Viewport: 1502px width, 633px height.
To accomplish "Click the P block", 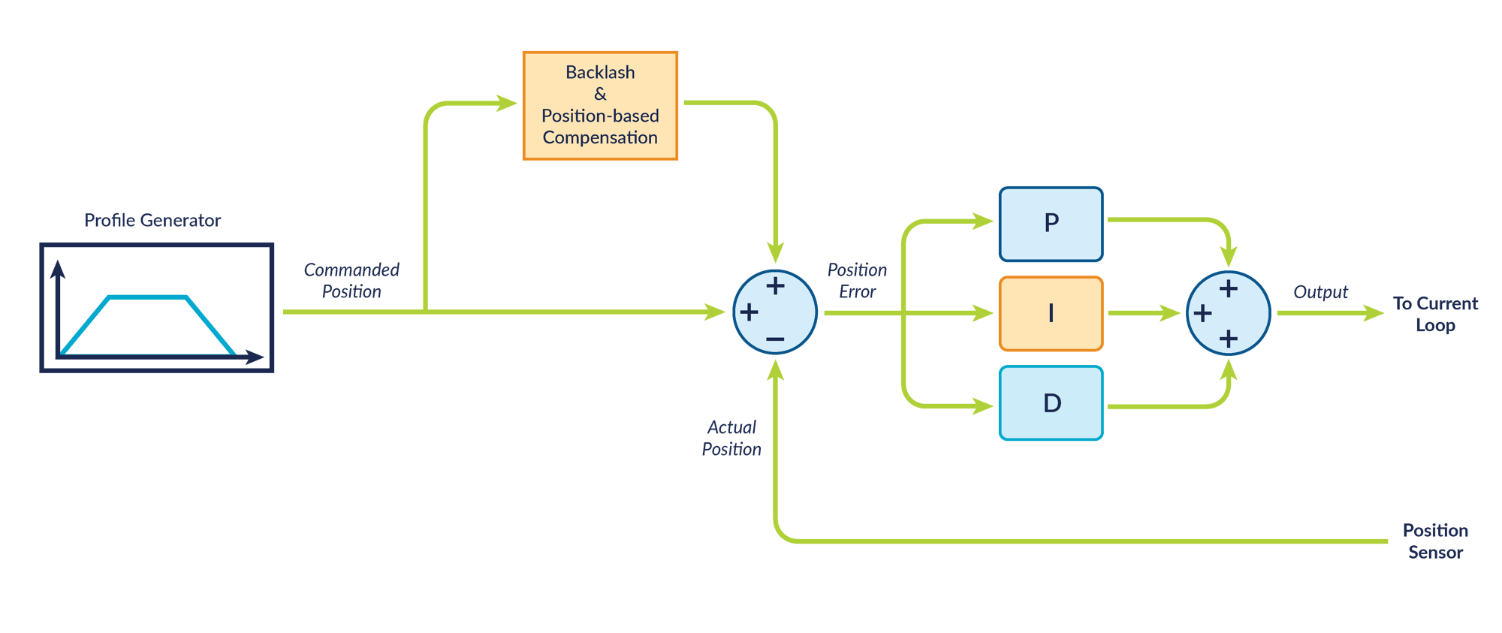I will point(1051,223).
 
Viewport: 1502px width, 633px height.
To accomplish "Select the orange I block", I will point(1051,313).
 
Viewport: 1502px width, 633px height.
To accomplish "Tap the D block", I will point(1051,403).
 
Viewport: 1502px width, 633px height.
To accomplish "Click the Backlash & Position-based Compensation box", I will point(600,105).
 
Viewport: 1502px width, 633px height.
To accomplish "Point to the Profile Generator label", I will point(152,220).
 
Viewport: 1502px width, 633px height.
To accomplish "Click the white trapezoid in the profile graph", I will point(148,327).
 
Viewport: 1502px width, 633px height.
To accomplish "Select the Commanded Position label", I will point(351,280).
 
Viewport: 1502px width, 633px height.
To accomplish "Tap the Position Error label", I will point(857,280).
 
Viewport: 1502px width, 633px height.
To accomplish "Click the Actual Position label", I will point(731,438).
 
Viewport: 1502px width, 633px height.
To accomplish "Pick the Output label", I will point(1320,292).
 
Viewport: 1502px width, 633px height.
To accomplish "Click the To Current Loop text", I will point(1435,314).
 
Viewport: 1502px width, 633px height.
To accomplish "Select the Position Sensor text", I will point(1435,541).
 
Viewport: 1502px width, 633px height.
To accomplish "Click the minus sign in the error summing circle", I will point(775,340).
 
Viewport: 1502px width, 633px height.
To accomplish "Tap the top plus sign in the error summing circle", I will point(775,286).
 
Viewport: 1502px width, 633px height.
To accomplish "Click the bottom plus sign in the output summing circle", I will point(1229,339).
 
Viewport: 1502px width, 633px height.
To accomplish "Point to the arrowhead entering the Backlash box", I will point(508,103).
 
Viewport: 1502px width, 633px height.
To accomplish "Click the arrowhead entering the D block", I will point(983,406).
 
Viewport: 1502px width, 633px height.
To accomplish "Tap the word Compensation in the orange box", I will point(600,137).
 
